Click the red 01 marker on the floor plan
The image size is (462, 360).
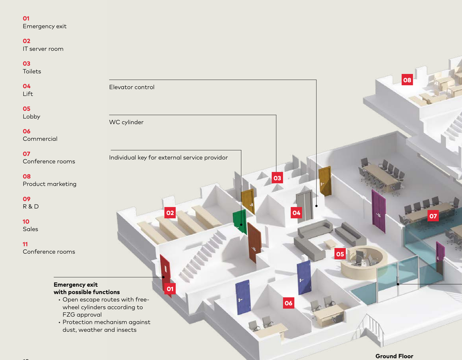click(170, 289)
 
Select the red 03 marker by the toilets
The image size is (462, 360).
click(277, 178)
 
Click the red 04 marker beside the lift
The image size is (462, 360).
click(296, 212)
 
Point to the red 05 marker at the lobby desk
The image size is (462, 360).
click(340, 254)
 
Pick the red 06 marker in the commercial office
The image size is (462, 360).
click(288, 303)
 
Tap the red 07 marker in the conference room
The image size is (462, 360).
click(433, 216)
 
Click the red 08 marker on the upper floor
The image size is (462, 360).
click(407, 80)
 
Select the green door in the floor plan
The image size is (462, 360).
click(239, 219)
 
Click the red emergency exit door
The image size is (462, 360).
click(165, 270)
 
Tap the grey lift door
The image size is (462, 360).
click(304, 204)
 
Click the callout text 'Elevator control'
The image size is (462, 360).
click(132, 87)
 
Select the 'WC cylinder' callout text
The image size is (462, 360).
click(126, 122)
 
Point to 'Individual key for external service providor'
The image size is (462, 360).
click(168, 157)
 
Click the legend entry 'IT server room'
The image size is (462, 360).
click(43, 49)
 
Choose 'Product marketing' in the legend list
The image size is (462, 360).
click(49, 184)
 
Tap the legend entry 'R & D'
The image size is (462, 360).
click(31, 206)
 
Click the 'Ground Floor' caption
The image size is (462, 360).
click(394, 356)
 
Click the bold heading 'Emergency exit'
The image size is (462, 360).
click(75, 285)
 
